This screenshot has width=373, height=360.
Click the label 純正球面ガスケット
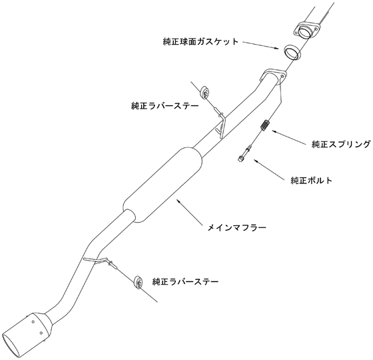[x=200, y=41]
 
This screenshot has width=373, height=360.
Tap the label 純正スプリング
[x=341, y=144]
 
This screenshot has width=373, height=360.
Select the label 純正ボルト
[x=312, y=180]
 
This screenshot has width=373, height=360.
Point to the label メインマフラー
[x=236, y=228]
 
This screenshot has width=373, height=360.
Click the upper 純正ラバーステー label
[x=165, y=105]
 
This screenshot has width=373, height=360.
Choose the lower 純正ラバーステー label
[x=185, y=282]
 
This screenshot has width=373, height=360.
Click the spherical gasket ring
[x=292, y=52]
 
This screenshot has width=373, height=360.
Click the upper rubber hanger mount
[x=205, y=92]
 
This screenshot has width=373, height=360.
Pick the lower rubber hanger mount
[x=138, y=283]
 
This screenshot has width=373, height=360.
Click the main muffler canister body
[x=163, y=185]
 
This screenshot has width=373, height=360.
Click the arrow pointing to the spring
[x=289, y=137]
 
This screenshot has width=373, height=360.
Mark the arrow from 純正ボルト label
[x=269, y=169]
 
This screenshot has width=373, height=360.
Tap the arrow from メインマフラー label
[x=189, y=212]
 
